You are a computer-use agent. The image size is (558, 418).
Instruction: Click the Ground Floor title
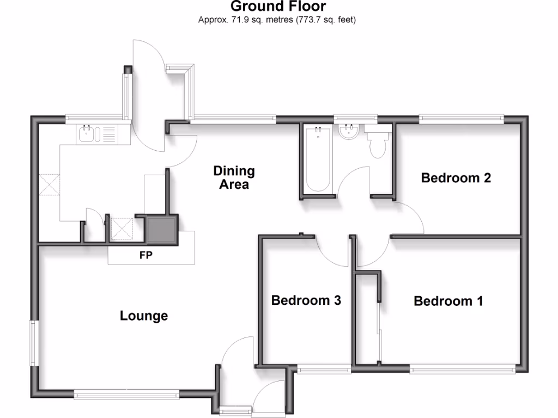(x=278, y=7)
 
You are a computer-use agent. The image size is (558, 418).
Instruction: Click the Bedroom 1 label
(x=448, y=301)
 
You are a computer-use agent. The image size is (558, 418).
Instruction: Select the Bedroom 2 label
(x=456, y=178)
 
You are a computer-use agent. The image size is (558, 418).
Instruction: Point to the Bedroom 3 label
(x=306, y=300)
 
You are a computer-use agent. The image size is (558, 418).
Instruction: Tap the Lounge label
(x=144, y=316)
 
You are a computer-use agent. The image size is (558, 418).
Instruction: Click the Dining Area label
(x=234, y=178)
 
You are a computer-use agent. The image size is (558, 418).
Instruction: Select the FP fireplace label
(x=145, y=255)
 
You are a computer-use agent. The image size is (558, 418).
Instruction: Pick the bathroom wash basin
(x=347, y=132)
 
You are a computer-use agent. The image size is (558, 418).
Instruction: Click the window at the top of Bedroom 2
(x=461, y=117)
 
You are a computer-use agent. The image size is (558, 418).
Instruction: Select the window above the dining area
(x=233, y=117)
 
